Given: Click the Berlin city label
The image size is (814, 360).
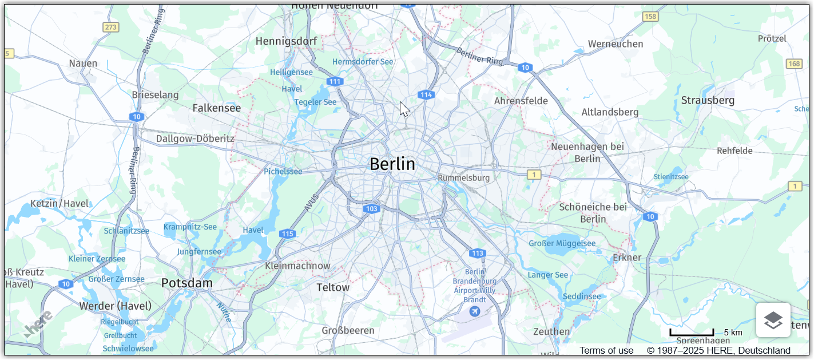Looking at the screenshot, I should (x=392, y=164).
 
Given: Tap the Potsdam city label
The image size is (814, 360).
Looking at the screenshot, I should (x=186, y=283).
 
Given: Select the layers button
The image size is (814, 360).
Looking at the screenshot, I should (x=773, y=320).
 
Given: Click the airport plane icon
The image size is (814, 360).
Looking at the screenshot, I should (x=474, y=311).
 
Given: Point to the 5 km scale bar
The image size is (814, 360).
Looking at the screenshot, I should (x=692, y=333).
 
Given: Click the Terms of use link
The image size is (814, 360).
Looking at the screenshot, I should (x=606, y=350).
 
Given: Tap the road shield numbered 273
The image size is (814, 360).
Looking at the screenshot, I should (x=110, y=27).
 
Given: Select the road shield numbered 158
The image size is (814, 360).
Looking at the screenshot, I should (x=650, y=17).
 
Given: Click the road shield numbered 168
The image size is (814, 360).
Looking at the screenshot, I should (x=794, y=64).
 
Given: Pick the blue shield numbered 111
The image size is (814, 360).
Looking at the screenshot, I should (x=335, y=82).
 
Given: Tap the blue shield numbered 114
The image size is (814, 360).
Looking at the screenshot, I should (x=426, y=95).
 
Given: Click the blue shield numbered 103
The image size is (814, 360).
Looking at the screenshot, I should (x=372, y=209).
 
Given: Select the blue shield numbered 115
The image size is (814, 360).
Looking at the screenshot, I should (x=288, y=234).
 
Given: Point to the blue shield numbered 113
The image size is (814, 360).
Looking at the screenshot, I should (x=478, y=253).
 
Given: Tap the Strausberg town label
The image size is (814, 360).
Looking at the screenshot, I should (x=708, y=101).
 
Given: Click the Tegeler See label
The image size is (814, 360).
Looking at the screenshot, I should (x=315, y=102).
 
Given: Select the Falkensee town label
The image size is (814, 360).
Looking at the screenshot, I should (x=217, y=108).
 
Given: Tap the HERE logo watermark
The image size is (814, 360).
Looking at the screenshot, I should (x=38, y=324).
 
